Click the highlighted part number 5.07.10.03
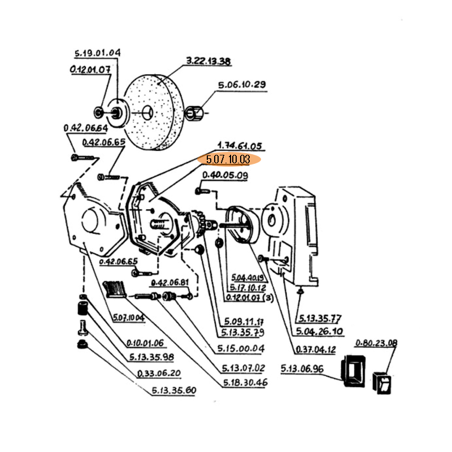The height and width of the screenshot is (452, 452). [228, 160]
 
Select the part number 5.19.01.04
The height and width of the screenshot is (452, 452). [97, 54]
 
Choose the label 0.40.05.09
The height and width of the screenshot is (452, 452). [225, 176]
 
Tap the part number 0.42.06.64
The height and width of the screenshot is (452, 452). [86, 129]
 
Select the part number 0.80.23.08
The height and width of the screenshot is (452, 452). [376, 343]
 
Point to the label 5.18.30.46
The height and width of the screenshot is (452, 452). [244, 383]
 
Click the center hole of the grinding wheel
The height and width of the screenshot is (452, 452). [149, 112]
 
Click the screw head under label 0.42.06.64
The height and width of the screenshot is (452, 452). [75, 157]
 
